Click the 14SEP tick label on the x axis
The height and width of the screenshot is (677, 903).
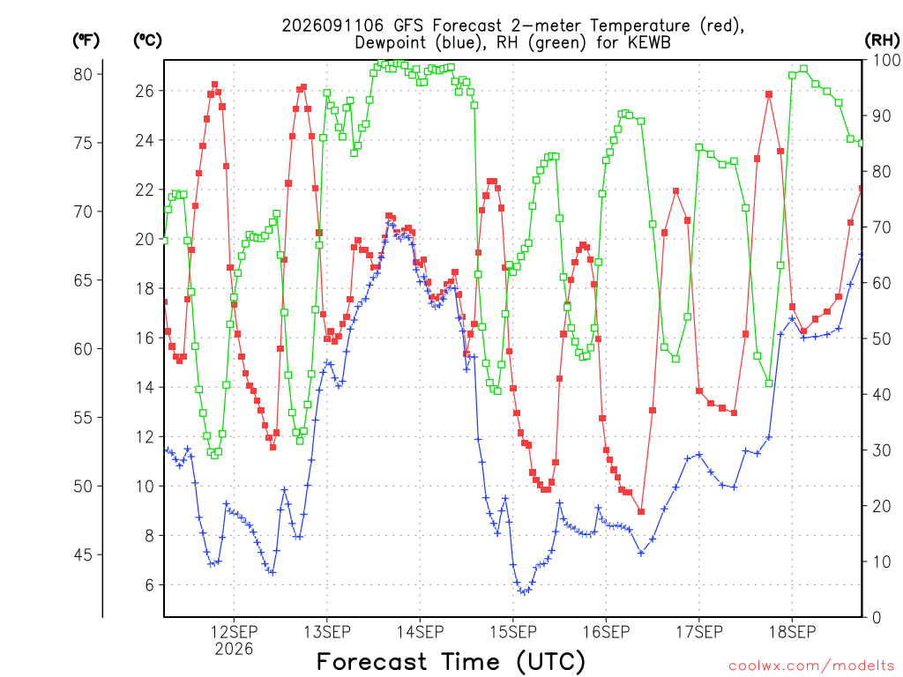click(x=420, y=632)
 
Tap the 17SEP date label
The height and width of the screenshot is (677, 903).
click(x=699, y=632)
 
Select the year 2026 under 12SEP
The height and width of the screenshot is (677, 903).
click(x=234, y=650)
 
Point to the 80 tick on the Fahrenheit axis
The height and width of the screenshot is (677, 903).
click(x=83, y=74)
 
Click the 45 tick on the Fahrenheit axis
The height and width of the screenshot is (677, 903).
click(x=83, y=555)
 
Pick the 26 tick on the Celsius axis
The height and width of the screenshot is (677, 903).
click(x=145, y=91)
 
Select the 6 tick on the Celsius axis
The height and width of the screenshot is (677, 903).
click(x=149, y=585)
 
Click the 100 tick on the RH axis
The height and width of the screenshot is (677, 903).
click(x=886, y=60)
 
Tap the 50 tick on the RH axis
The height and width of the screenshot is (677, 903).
click(x=882, y=338)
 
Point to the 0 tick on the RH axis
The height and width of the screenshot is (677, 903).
click(x=877, y=618)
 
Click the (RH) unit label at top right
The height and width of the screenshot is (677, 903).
click(x=882, y=40)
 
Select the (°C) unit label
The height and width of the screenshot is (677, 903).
click(x=147, y=40)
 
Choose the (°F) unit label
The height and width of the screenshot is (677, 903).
click(x=86, y=40)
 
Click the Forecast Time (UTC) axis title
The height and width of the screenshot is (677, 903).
click(x=451, y=661)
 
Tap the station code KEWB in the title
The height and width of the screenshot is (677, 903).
click(x=647, y=42)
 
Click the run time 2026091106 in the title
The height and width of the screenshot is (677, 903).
click(x=332, y=26)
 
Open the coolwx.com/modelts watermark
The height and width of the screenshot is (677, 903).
click(x=811, y=666)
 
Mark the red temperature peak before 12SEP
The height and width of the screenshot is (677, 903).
click(x=215, y=85)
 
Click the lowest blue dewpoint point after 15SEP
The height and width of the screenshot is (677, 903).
click(x=524, y=591)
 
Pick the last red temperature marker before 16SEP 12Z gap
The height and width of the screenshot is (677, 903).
click(x=641, y=512)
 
